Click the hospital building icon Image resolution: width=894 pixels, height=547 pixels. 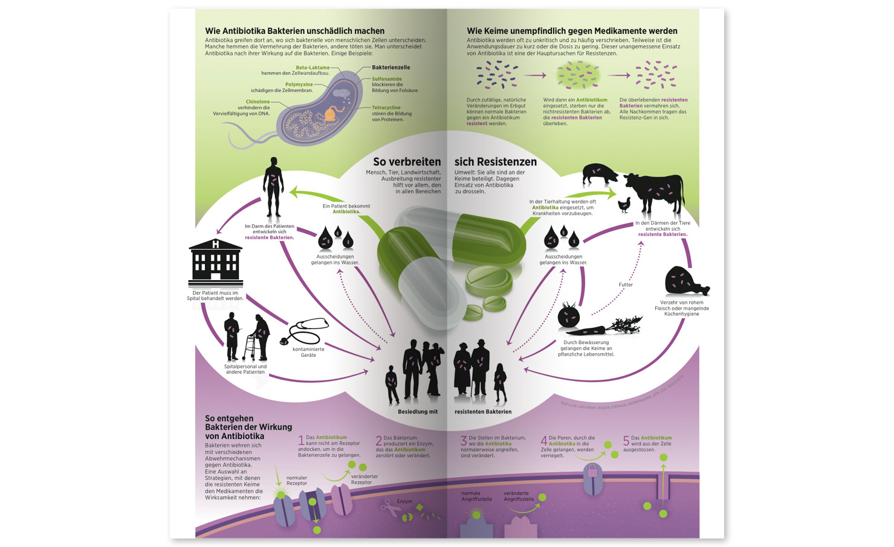pyautogui.click(x=215, y=263)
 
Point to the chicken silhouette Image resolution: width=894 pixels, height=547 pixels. pyautogui.click(x=624, y=205)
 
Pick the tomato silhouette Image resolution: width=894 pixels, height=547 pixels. pyautogui.click(x=568, y=316)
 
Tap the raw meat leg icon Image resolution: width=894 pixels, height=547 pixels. pyautogui.click(x=685, y=281)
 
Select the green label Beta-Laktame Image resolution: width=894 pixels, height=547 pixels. pyautogui.click(x=313, y=68)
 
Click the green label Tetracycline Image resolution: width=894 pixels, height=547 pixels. pyautogui.click(x=386, y=107)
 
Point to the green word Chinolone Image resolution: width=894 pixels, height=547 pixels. pyautogui.click(x=258, y=102)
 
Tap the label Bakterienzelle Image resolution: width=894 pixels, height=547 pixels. pyautogui.click(x=391, y=68)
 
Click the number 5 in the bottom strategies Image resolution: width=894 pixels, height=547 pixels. pyautogui.click(x=626, y=441)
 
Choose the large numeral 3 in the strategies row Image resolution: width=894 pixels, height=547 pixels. pyautogui.click(x=464, y=441)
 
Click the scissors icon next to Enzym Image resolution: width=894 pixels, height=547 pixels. pyautogui.click(x=386, y=506)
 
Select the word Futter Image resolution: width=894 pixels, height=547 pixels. pyautogui.click(x=626, y=285)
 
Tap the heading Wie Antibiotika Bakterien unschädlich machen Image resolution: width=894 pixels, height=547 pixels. pyautogui.click(x=294, y=31)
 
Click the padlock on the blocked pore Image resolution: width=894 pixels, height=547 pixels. pyautogui.click(x=592, y=471)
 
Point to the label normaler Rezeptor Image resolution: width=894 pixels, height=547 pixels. pyautogui.click(x=297, y=481)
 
